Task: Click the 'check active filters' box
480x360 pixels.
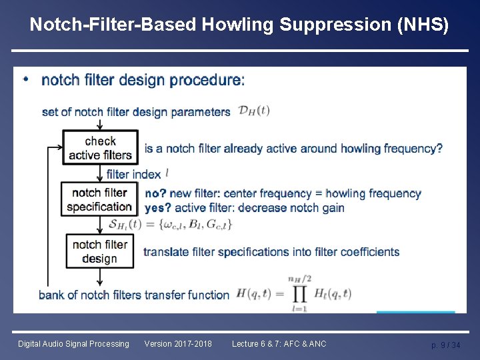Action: tap(100, 147)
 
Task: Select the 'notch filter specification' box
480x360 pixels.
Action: tap(99, 199)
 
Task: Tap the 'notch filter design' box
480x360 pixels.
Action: tap(99, 251)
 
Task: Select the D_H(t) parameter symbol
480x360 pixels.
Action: tap(254, 111)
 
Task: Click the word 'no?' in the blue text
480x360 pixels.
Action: tap(155, 194)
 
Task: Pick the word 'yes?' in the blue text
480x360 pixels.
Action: tap(158, 207)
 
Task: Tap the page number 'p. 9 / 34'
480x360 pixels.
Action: tap(445, 345)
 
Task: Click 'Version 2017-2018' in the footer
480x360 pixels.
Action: tap(178, 344)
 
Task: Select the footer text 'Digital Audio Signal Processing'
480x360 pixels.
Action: tap(73, 344)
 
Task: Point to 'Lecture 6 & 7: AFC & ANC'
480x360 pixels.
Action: tap(279, 344)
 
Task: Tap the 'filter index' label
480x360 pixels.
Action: tap(133, 175)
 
